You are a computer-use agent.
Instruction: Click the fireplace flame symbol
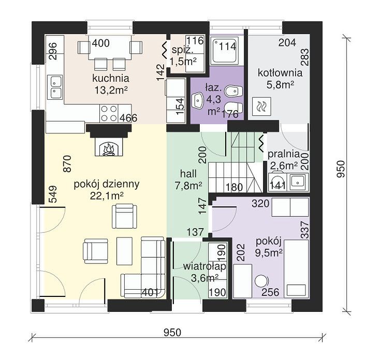109,149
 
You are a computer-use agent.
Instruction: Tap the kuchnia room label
110,79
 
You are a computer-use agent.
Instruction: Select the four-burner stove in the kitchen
109,113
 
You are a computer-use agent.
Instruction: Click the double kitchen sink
56,87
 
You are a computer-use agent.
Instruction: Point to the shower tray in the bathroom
224,50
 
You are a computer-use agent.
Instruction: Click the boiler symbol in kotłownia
261,106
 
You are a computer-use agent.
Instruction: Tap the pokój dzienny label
107,184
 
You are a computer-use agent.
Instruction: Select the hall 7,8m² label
188,179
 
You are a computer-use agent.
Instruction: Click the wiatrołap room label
204,266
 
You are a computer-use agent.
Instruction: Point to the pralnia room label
284,154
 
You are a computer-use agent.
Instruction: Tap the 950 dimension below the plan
172,333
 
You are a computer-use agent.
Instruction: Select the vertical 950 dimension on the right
341,169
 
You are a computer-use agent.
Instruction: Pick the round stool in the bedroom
261,281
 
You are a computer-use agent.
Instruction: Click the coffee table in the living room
125,251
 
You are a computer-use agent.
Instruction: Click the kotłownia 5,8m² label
280,79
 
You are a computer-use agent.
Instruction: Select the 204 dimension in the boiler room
287,42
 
